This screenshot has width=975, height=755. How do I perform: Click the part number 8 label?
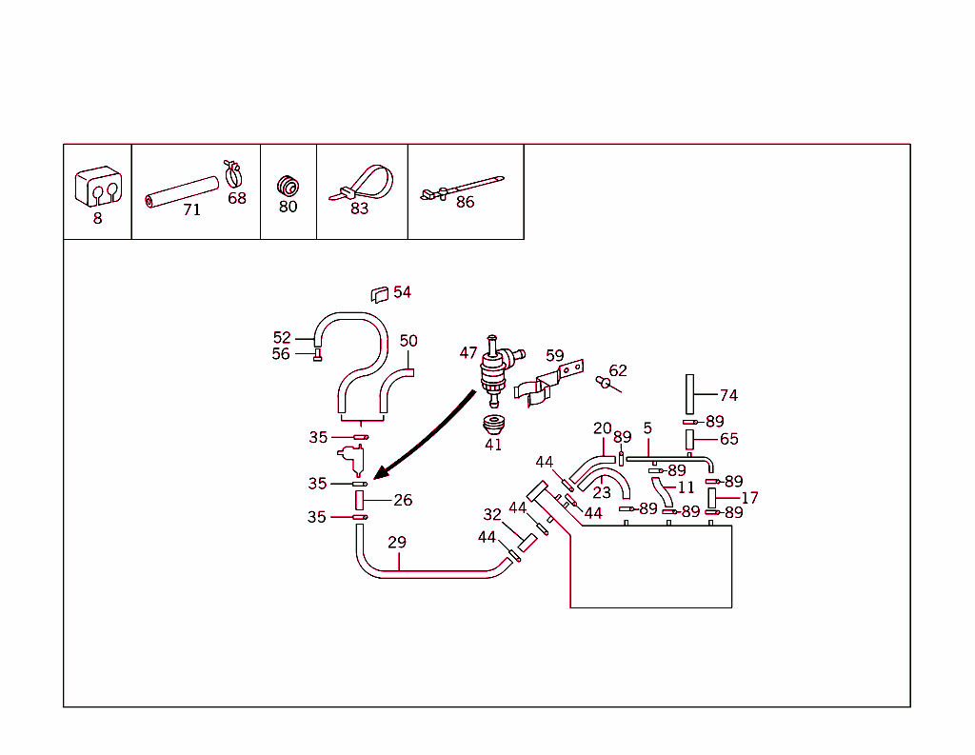click(97, 218)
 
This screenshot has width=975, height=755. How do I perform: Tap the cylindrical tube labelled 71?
click(182, 190)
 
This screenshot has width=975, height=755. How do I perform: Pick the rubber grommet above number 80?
click(286, 183)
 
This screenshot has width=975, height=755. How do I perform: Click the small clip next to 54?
click(378, 294)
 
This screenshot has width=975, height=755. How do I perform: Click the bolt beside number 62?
click(603, 382)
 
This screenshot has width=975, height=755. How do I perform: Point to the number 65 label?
click(728, 439)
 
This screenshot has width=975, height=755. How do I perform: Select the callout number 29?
click(397, 543)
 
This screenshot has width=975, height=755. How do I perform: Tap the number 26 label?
click(403, 500)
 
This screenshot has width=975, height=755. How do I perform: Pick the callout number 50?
click(408, 341)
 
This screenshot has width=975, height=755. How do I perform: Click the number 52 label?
click(282, 337)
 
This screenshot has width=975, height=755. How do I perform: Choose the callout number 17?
click(749, 497)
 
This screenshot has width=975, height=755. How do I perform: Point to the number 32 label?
click(492, 515)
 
